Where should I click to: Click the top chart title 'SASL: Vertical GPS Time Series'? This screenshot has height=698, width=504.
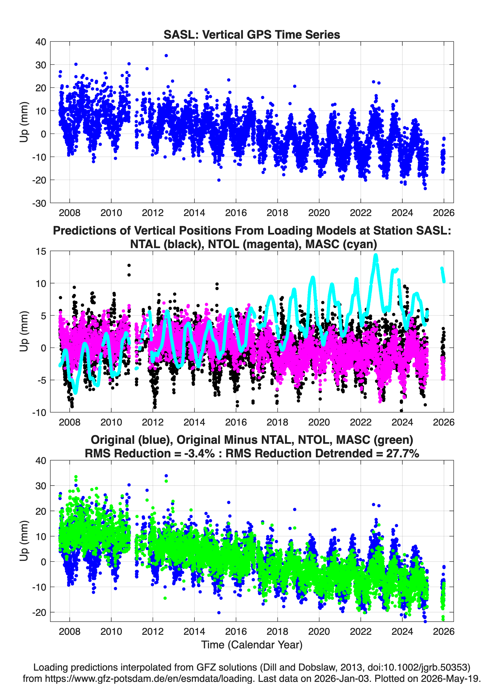[x=252, y=34]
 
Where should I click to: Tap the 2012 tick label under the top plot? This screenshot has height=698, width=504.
[x=153, y=213]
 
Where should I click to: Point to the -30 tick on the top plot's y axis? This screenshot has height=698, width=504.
[x=39, y=203]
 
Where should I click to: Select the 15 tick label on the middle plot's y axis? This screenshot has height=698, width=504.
[x=41, y=251]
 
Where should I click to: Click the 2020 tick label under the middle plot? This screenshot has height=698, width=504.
[x=319, y=422]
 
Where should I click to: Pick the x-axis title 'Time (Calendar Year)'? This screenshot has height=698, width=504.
[x=252, y=644]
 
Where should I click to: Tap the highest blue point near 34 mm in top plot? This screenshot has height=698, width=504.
[x=166, y=56]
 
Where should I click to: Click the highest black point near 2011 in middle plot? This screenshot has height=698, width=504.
[x=129, y=265]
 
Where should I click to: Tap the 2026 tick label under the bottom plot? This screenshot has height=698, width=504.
[x=444, y=631]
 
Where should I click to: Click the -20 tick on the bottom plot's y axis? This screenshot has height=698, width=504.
[x=39, y=612]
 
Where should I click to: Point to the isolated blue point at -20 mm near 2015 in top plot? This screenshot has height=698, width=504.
[x=219, y=180]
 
